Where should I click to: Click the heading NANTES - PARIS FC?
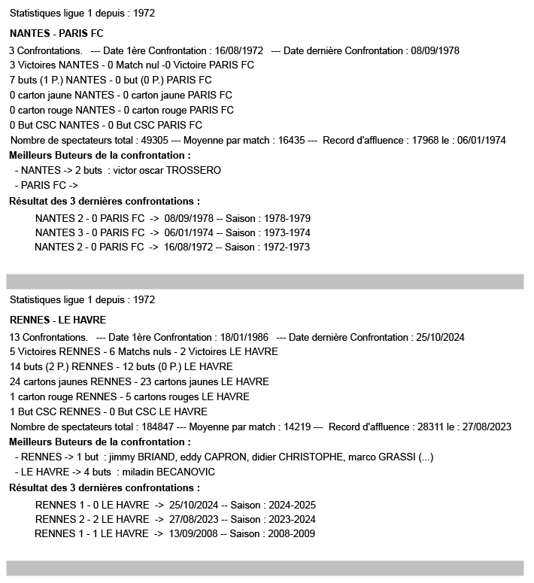56,34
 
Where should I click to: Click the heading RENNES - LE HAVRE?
58,320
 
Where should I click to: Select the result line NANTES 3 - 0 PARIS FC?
90,232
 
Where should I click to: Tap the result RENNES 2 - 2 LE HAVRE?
92,519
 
